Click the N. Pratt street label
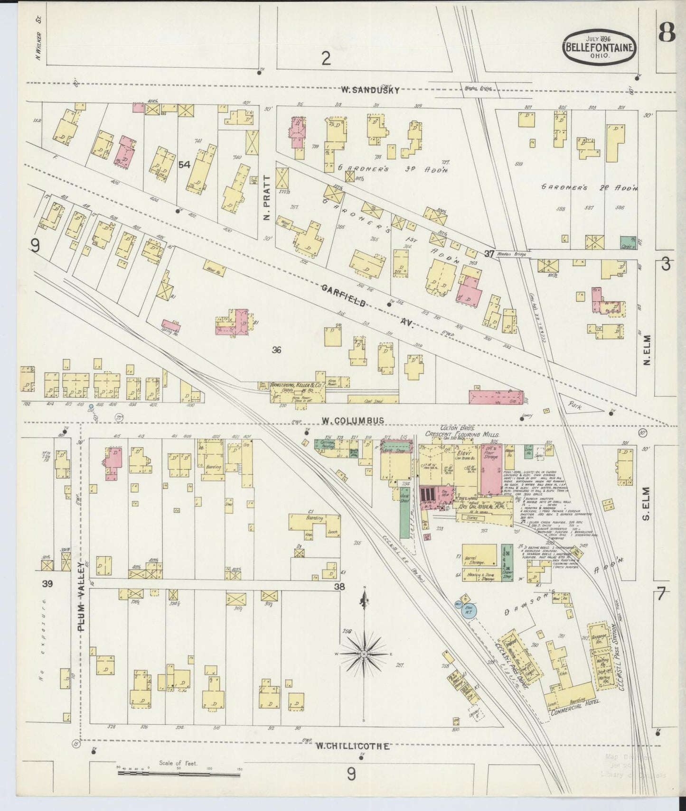pos(266,198)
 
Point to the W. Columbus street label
pos(352,420)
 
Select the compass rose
pos(364,654)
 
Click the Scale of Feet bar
pos(179,774)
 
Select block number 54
pos(184,165)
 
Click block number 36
pos(277,350)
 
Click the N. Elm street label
pos(647,351)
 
